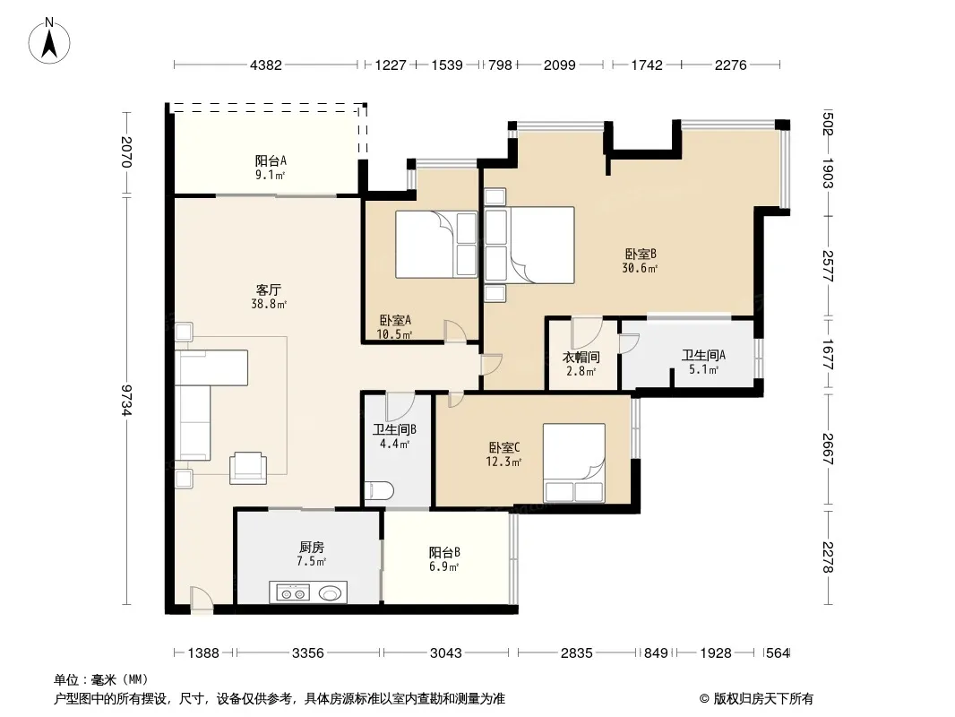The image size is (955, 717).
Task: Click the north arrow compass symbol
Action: (x=49, y=41)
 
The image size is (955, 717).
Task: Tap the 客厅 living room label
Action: (x=268, y=290)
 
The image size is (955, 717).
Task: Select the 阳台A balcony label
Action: (x=271, y=160)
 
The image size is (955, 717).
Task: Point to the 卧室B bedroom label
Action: (x=641, y=254)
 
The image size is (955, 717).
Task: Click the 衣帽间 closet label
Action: (x=581, y=357)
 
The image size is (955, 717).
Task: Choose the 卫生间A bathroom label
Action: (x=703, y=355)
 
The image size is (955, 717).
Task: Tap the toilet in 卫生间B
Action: (x=379, y=490)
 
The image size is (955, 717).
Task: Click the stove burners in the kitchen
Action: (x=292, y=592)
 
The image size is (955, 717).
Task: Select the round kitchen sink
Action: (x=330, y=592)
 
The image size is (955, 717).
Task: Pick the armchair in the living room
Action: (x=248, y=468)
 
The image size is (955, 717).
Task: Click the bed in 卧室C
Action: (x=573, y=462)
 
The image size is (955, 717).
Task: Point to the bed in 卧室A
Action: (x=436, y=245)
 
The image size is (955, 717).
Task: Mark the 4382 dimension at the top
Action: (x=266, y=65)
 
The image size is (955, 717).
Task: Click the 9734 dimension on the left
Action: (x=126, y=400)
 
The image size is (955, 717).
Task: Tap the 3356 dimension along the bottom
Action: (x=307, y=653)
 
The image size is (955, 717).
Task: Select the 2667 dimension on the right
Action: (x=828, y=449)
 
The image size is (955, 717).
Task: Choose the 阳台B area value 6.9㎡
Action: (x=444, y=566)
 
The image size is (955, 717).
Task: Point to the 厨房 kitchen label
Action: (x=311, y=547)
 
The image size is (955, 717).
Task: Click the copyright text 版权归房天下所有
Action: (x=763, y=699)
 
